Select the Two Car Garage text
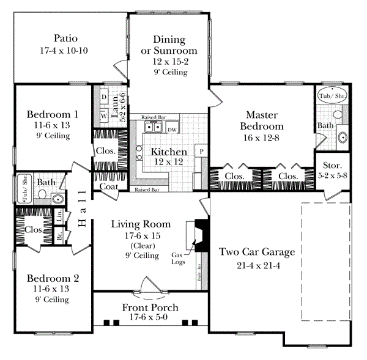[x=257, y=252]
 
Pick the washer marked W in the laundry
[x=104, y=114]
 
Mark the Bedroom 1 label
[x=53, y=114]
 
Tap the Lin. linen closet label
[x=59, y=216]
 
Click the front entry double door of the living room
[x=150, y=285]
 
